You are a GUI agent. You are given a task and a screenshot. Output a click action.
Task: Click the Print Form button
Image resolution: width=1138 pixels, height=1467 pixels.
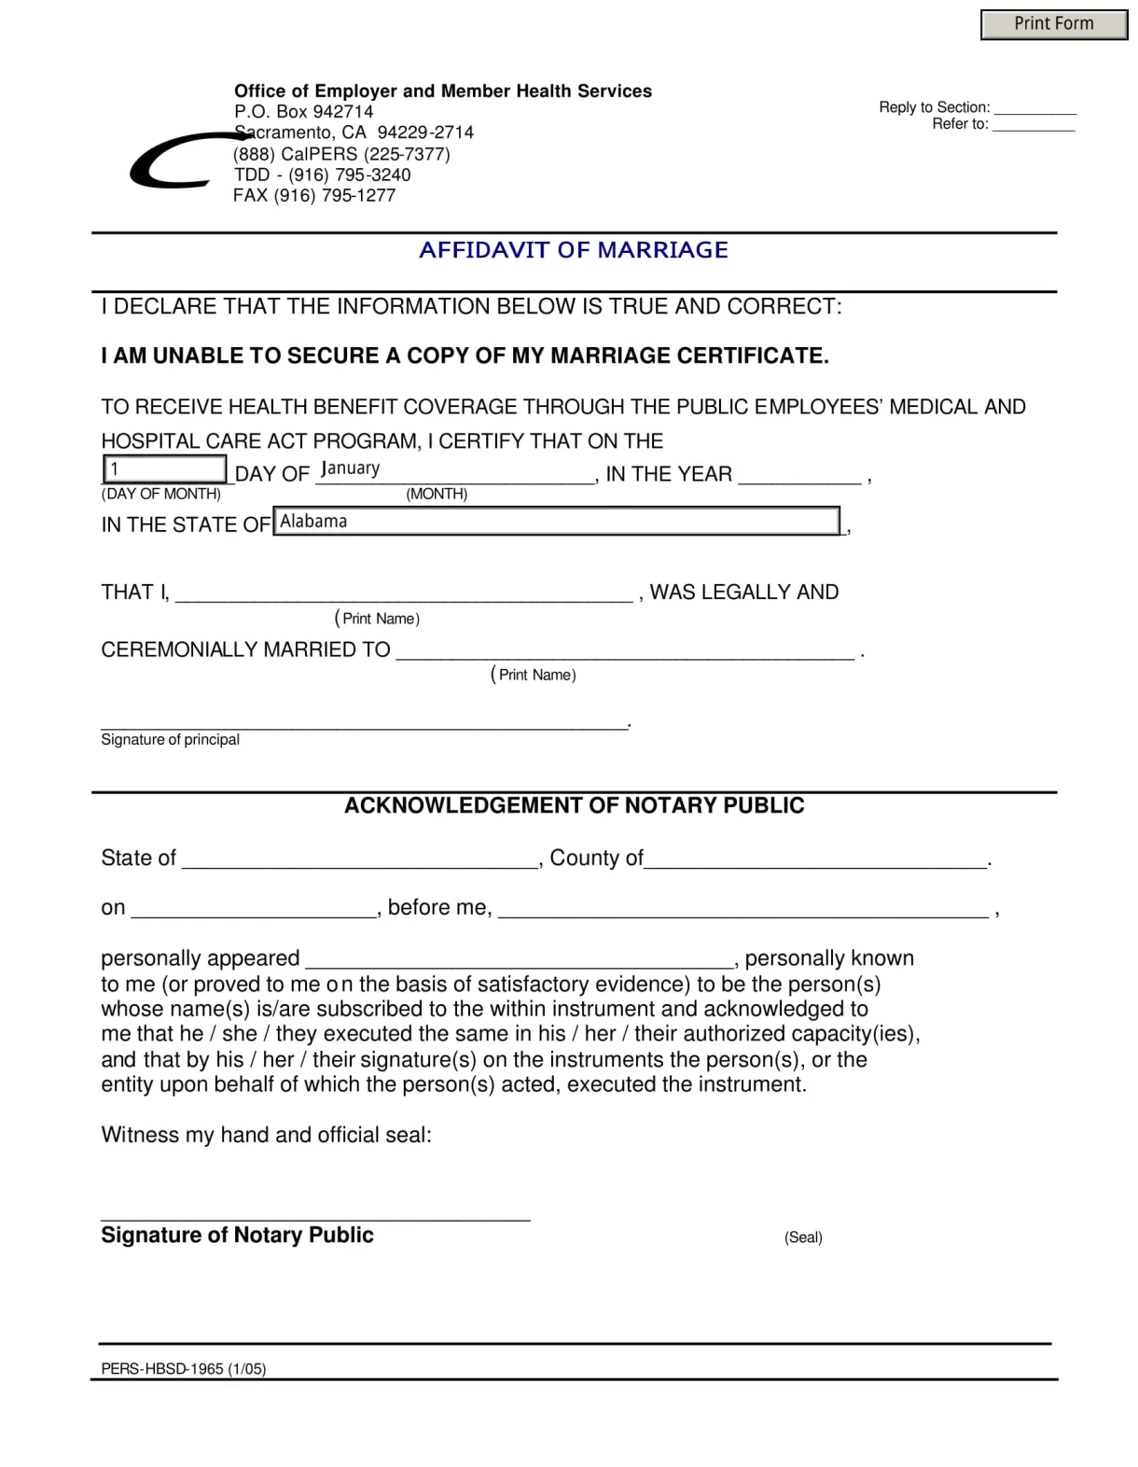pyautogui.click(x=1053, y=24)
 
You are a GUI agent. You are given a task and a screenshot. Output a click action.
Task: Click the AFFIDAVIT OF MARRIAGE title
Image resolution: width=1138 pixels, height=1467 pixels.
pyautogui.click(x=573, y=250)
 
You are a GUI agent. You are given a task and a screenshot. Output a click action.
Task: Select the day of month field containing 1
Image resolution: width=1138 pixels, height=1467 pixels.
pyautogui.click(x=164, y=468)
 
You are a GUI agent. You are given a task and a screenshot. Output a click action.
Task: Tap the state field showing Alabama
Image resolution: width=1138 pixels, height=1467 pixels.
pyautogui.click(x=557, y=521)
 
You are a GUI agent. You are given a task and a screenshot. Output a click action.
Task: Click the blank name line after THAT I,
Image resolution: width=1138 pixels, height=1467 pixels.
pyautogui.click(x=404, y=593)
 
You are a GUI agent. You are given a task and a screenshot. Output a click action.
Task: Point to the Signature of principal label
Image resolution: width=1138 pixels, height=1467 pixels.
pyautogui.click(x=170, y=739)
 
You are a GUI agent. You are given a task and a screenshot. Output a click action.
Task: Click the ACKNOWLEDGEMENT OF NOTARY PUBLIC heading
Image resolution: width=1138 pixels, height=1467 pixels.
pyautogui.click(x=574, y=805)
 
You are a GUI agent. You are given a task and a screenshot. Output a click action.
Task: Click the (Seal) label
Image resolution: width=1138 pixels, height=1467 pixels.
pyautogui.click(x=803, y=1237)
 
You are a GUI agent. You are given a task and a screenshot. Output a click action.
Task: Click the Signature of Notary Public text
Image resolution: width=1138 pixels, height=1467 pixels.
pyautogui.click(x=237, y=1235)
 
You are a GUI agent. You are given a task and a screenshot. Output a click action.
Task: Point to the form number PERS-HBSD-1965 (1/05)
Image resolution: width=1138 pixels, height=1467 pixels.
pyautogui.click(x=184, y=1369)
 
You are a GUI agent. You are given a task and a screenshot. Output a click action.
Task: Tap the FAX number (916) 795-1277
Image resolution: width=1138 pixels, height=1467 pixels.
pyautogui.click(x=314, y=196)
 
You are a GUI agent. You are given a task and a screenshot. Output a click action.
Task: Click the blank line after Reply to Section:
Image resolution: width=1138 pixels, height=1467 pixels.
pyautogui.click(x=1034, y=107)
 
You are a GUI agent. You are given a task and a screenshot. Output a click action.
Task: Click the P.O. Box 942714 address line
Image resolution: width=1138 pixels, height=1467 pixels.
pyautogui.click(x=303, y=112)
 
